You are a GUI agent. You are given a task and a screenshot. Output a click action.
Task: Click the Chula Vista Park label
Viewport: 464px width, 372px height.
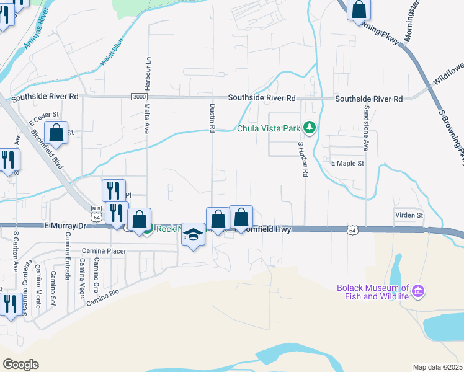[268, 129]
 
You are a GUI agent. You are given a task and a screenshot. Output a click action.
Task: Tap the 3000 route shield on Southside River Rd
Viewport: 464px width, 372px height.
[140, 97]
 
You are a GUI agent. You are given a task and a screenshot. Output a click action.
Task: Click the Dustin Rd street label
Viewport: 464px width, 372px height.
[212, 118]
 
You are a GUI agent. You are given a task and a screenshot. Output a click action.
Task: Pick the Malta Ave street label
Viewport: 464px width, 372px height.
[148, 119]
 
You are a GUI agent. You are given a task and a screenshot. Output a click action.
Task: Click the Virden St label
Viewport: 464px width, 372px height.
[409, 215]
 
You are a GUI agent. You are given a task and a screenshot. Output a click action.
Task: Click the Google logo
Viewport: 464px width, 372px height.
[20, 365]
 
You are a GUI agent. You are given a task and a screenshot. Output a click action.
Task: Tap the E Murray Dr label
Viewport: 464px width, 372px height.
[63, 226]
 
